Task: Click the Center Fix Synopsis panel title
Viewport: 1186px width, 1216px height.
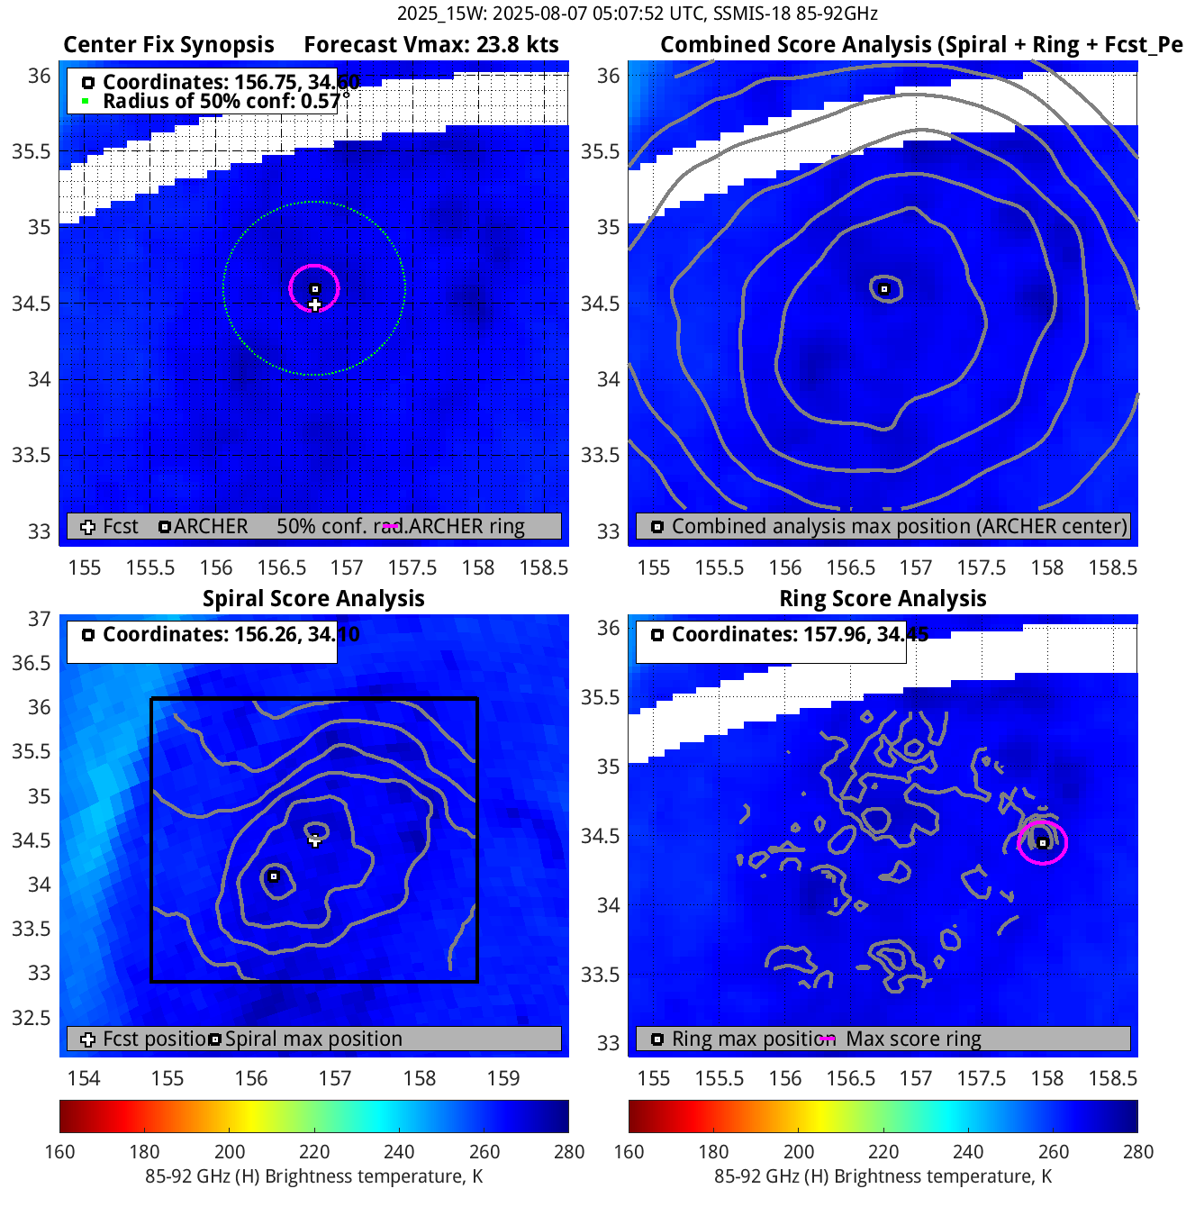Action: coord(168,45)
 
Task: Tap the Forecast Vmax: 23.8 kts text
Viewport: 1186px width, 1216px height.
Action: coord(430,45)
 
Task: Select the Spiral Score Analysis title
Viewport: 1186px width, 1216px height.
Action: coord(313,599)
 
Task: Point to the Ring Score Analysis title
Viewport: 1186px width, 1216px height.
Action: coord(883,599)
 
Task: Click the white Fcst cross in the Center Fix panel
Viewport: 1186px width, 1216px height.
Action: coord(314,304)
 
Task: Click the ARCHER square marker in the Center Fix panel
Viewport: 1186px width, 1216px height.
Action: coord(315,289)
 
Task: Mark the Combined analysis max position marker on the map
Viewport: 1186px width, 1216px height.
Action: coord(884,289)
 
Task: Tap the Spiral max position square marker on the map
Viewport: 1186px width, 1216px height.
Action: coord(275,876)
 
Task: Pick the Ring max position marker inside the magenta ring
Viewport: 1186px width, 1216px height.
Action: coord(1043,843)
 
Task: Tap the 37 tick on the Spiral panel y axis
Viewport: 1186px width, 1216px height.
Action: coord(39,619)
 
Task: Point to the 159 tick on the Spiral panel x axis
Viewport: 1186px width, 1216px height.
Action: coord(503,1078)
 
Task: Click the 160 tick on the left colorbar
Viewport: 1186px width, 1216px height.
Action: coord(59,1151)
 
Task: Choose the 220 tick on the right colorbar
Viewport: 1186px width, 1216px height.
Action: coord(883,1151)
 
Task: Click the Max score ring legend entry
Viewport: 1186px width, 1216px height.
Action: coord(913,1039)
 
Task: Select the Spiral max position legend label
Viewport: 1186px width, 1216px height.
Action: coord(313,1039)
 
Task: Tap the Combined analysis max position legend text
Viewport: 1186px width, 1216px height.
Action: coord(899,526)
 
